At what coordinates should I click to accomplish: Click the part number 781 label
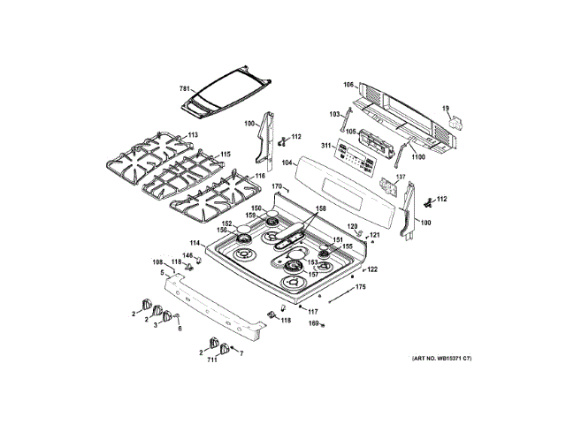185,89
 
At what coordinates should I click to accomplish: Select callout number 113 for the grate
193,134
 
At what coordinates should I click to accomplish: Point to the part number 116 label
259,177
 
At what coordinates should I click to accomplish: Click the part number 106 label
348,85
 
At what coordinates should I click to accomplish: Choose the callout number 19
446,110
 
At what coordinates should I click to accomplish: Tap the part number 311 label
325,146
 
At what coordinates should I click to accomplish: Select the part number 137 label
400,177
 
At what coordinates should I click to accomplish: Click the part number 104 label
287,163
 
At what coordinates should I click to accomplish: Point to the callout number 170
276,186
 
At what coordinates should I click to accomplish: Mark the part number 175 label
360,287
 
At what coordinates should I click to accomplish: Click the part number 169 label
311,324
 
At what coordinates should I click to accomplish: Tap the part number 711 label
212,360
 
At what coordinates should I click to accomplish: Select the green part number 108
157,262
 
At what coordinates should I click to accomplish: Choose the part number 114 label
195,243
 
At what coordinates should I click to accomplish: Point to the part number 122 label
372,269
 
